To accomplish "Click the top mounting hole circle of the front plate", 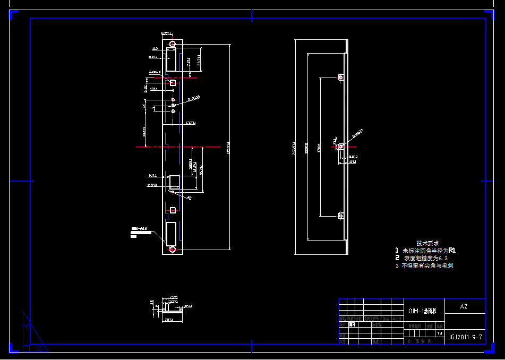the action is point(173,44).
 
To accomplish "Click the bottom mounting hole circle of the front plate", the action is point(172,249).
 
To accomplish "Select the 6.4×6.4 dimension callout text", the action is point(155,72).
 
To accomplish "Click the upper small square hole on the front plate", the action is point(173,82).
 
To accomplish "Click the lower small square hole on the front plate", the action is point(173,210).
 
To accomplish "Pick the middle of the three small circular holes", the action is point(173,105).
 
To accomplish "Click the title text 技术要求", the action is point(427,243).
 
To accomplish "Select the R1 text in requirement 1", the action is point(452,250).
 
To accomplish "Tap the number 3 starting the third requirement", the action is point(396,265).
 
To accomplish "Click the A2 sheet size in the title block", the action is point(464,306).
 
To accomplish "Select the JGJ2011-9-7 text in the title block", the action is point(465,337).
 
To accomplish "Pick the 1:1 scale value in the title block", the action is point(439,333).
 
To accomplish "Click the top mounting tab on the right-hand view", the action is point(341,77).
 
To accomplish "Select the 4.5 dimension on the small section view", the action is point(152,302).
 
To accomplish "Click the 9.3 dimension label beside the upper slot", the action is point(155,49).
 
